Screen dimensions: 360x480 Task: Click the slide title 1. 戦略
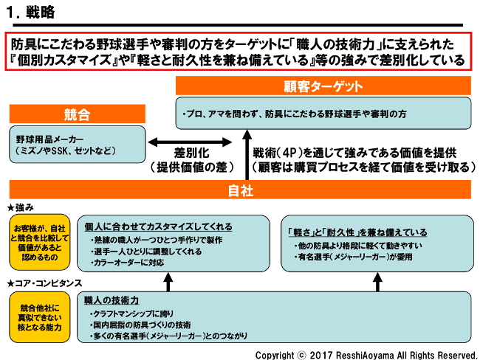30,13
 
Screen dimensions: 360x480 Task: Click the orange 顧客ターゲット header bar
323,86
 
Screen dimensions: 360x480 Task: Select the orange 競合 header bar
77,114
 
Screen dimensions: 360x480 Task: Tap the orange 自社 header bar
240,190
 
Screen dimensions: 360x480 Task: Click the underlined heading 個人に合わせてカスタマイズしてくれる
158,226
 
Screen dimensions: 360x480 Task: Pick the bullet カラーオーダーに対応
128,262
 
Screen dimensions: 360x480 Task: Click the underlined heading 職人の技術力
110,300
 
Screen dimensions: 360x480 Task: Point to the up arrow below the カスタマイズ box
168,281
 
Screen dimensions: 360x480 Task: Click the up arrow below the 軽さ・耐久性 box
377,281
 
